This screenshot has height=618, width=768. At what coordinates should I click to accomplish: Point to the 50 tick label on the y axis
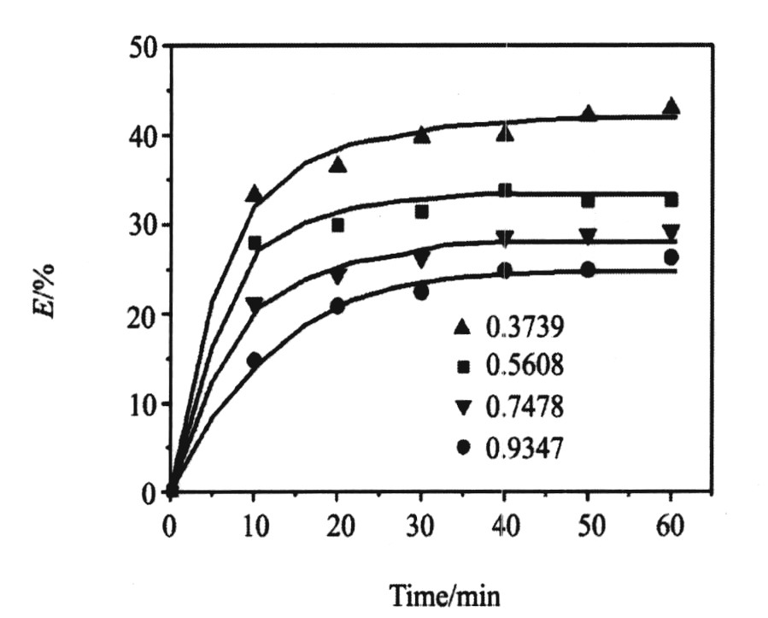140,46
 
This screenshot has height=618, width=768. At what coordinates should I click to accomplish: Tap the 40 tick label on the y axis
140,136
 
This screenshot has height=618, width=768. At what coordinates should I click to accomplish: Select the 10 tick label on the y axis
140,403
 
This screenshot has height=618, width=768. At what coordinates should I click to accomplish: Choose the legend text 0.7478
520,408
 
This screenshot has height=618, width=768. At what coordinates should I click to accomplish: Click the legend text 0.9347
520,448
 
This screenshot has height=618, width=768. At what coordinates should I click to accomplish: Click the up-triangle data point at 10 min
254,194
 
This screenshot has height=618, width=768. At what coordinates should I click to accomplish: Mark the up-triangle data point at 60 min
671,106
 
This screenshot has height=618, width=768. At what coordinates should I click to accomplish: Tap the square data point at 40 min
505,191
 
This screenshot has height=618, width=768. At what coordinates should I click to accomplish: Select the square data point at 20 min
337,226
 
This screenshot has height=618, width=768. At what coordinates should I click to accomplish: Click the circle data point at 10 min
254,361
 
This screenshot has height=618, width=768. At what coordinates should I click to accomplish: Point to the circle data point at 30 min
421,292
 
